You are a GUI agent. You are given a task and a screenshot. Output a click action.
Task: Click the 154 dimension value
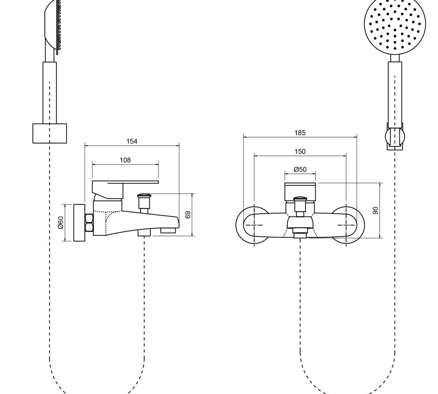pos(132,142)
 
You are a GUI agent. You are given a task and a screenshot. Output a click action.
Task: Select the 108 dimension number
pos(125,160)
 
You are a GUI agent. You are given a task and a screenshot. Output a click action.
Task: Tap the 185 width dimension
pos(300,133)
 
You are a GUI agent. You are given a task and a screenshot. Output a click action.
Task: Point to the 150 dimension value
pos(300,151)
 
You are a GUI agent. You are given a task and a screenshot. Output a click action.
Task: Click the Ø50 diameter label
pos(300,169)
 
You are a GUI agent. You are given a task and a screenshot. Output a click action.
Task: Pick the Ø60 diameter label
pos(61,223)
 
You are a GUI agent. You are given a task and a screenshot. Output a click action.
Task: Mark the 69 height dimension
pos(188,215)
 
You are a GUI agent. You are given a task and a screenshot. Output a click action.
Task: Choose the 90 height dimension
pos(375,210)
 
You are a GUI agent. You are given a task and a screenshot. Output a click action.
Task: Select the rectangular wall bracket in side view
pos(50,134)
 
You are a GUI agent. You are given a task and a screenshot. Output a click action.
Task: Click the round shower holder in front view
pos(395,136)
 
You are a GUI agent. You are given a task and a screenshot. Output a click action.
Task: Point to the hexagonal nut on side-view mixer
pos(89,223)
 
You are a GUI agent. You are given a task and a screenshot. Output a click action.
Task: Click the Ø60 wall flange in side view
pos(79,223)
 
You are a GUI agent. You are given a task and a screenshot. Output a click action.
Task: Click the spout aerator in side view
pos(168,230)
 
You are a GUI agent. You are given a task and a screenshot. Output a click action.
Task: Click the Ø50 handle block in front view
pos(300,192)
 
